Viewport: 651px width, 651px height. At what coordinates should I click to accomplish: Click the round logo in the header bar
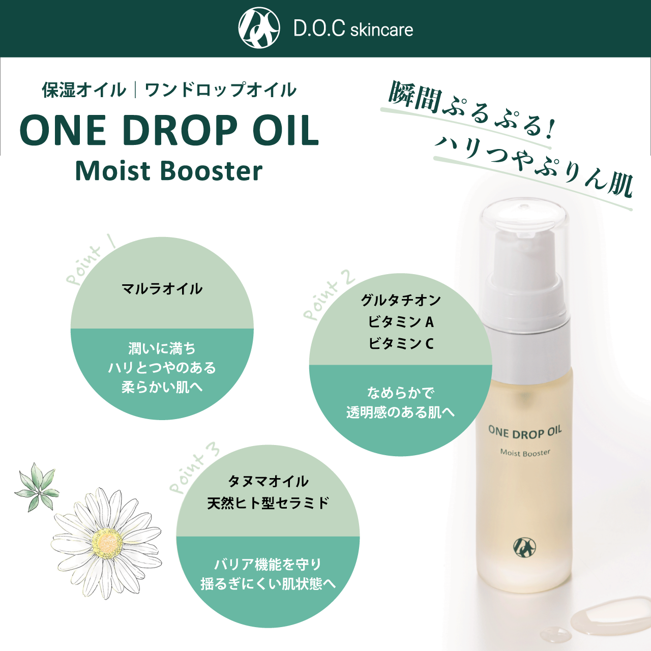(259, 28)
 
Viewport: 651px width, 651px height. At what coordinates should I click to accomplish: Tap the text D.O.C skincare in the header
(353, 29)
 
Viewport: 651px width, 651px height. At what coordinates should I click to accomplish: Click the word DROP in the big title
(180, 131)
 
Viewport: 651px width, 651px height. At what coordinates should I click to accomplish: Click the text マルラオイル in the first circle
(162, 289)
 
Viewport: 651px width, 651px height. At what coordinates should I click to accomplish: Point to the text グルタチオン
(401, 300)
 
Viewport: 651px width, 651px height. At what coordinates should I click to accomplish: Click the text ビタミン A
(401, 322)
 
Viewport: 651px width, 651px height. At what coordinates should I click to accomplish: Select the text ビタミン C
(401, 344)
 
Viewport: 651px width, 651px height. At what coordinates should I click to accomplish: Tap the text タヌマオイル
(268, 481)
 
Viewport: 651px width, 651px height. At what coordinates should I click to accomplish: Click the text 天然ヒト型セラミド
(268, 503)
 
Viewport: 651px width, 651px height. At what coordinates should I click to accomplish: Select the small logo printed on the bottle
(524, 547)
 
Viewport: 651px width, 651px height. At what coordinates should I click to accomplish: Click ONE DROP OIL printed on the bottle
(525, 432)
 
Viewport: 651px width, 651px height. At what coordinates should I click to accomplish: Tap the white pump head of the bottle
(524, 254)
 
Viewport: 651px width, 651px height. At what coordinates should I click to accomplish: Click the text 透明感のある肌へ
(401, 412)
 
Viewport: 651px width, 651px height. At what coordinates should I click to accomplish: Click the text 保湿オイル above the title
(84, 90)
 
